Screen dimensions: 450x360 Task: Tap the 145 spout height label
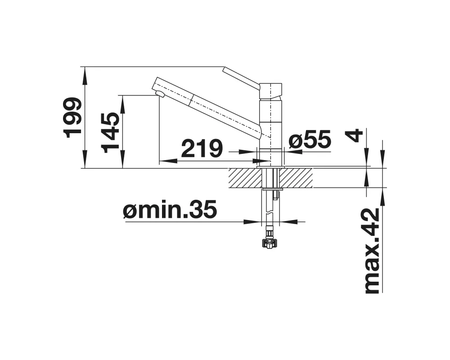pyautogui.click(x=110, y=132)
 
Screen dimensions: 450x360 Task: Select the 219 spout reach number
pyautogui.click(x=202, y=148)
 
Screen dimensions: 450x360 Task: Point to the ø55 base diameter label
pyautogui.click(x=310, y=140)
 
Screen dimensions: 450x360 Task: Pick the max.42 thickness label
pyautogui.click(x=372, y=251)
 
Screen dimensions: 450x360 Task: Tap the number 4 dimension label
pyautogui.click(x=355, y=135)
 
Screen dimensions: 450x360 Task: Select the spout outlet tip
pyautogui.click(x=159, y=94)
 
